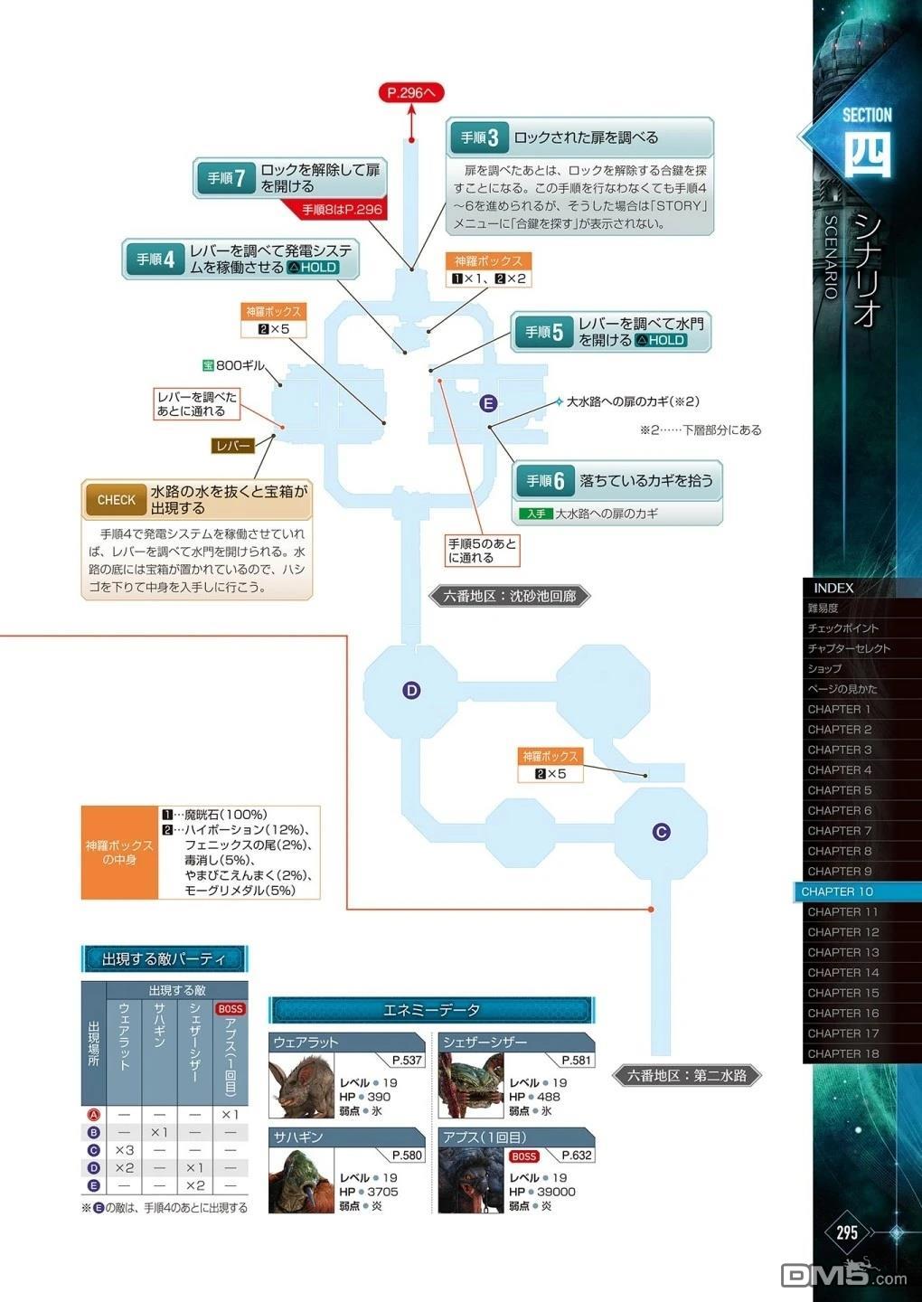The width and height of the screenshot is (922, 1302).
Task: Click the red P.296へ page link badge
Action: tap(411, 93)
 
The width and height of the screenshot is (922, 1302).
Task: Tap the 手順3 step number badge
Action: tap(479, 137)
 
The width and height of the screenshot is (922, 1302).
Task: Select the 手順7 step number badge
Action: tap(226, 178)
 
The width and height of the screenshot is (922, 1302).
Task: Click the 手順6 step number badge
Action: tap(545, 481)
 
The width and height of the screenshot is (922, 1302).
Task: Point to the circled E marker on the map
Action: tap(488, 403)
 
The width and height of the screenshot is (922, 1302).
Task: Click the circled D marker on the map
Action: tap(411, 691)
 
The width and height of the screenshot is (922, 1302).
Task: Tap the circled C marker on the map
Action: tap(661, 832)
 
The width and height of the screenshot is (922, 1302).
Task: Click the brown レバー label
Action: tap(233, 446)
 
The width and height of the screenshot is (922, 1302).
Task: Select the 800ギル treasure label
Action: tap(233, 365)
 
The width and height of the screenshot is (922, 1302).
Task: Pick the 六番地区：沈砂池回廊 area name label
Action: tap(510, 596)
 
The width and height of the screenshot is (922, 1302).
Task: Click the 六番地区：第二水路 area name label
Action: tap(687, 1075)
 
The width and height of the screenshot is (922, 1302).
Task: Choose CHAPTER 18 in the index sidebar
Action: tap(842, 1053)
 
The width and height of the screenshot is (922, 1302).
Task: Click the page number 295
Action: tap(846, 1232)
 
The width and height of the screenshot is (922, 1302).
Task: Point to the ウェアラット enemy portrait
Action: tap(302, 1086)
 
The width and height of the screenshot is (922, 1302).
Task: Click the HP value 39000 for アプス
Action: tap(556, 1191)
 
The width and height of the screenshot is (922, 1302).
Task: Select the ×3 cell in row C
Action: tap(125, 1150)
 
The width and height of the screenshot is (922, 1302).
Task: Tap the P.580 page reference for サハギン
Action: tap(407, 1155)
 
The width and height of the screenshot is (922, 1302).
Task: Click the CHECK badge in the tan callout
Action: tap(116, 500)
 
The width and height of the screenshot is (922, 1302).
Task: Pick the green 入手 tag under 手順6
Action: tap(536, 514)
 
